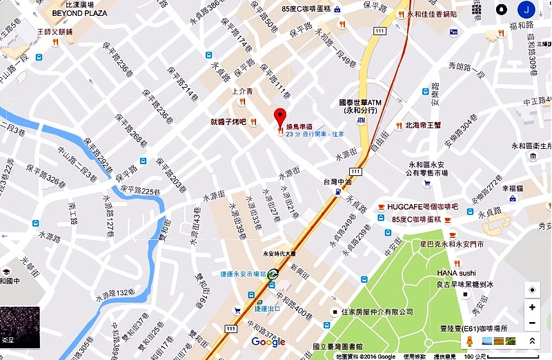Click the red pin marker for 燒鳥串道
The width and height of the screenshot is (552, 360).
pos(279,117)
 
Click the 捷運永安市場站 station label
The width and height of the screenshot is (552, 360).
pos(244,274)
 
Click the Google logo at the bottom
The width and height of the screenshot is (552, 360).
pos(268,342)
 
